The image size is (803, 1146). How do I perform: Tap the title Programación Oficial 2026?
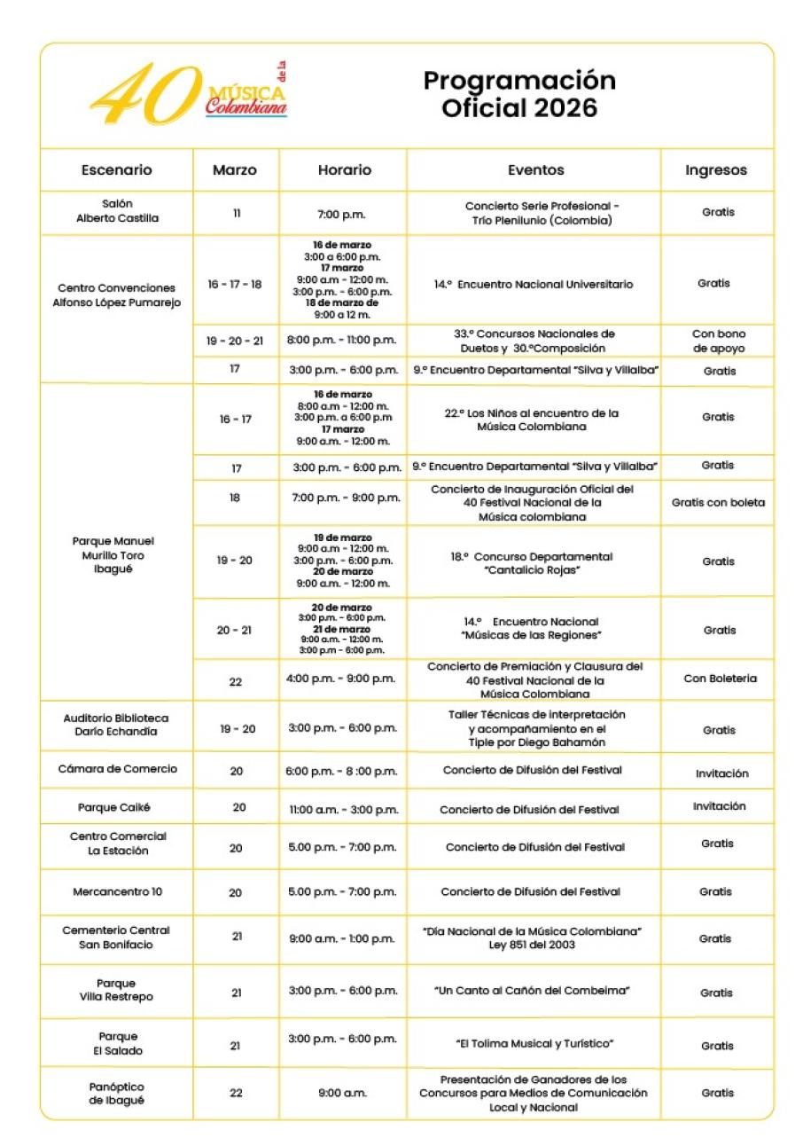pyautogui.click(x=519, y=94)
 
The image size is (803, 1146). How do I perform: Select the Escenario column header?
pyautogui.click(x=116, y=169)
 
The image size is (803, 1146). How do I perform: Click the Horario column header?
pyautogui.click(x=344, y=169)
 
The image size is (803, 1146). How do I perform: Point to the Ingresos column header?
pyautogui.click(x=715, y=169)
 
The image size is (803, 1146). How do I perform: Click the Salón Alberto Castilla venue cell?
pyautogui.click(x=117, y=211)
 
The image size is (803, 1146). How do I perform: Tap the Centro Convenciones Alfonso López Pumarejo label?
pyautogui.click(x=117, y=294)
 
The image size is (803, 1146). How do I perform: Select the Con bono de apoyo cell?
pyautogui.click(x=718, y=341)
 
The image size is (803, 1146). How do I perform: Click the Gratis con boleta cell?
pyautogui.click(x=718, y=502)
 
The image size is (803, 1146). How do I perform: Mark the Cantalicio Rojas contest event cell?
pyautogui.click(x=532, y=563)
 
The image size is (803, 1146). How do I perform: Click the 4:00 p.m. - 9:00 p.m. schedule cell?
pyautogui.click(x=341, y=679)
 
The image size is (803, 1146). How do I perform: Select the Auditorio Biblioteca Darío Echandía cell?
pyautogui.click(x=116, y=724)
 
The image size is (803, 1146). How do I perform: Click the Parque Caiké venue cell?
pyautogui.click(x=116, y=807)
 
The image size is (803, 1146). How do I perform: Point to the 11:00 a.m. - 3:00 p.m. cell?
pyautogui.click(x=342, y=809)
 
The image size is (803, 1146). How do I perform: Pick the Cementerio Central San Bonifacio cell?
pyautogui.click(x=116, y=937)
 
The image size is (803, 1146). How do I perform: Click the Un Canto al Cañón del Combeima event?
pyautogui.click(x=532, y=990)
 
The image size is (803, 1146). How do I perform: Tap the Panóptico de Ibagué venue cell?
pyautogui.click(x=116, y=1093)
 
